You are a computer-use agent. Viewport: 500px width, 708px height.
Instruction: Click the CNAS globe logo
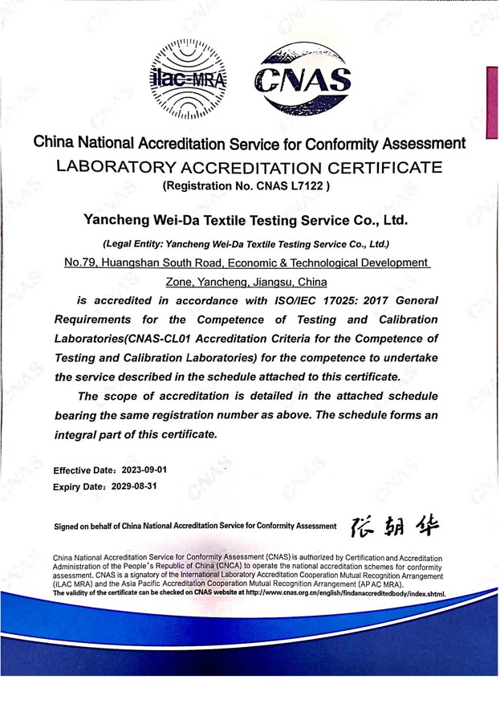pyautogui.click(x=303, y=78)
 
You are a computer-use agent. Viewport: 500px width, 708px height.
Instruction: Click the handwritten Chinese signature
pyautogui.click(x=393, y=525)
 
